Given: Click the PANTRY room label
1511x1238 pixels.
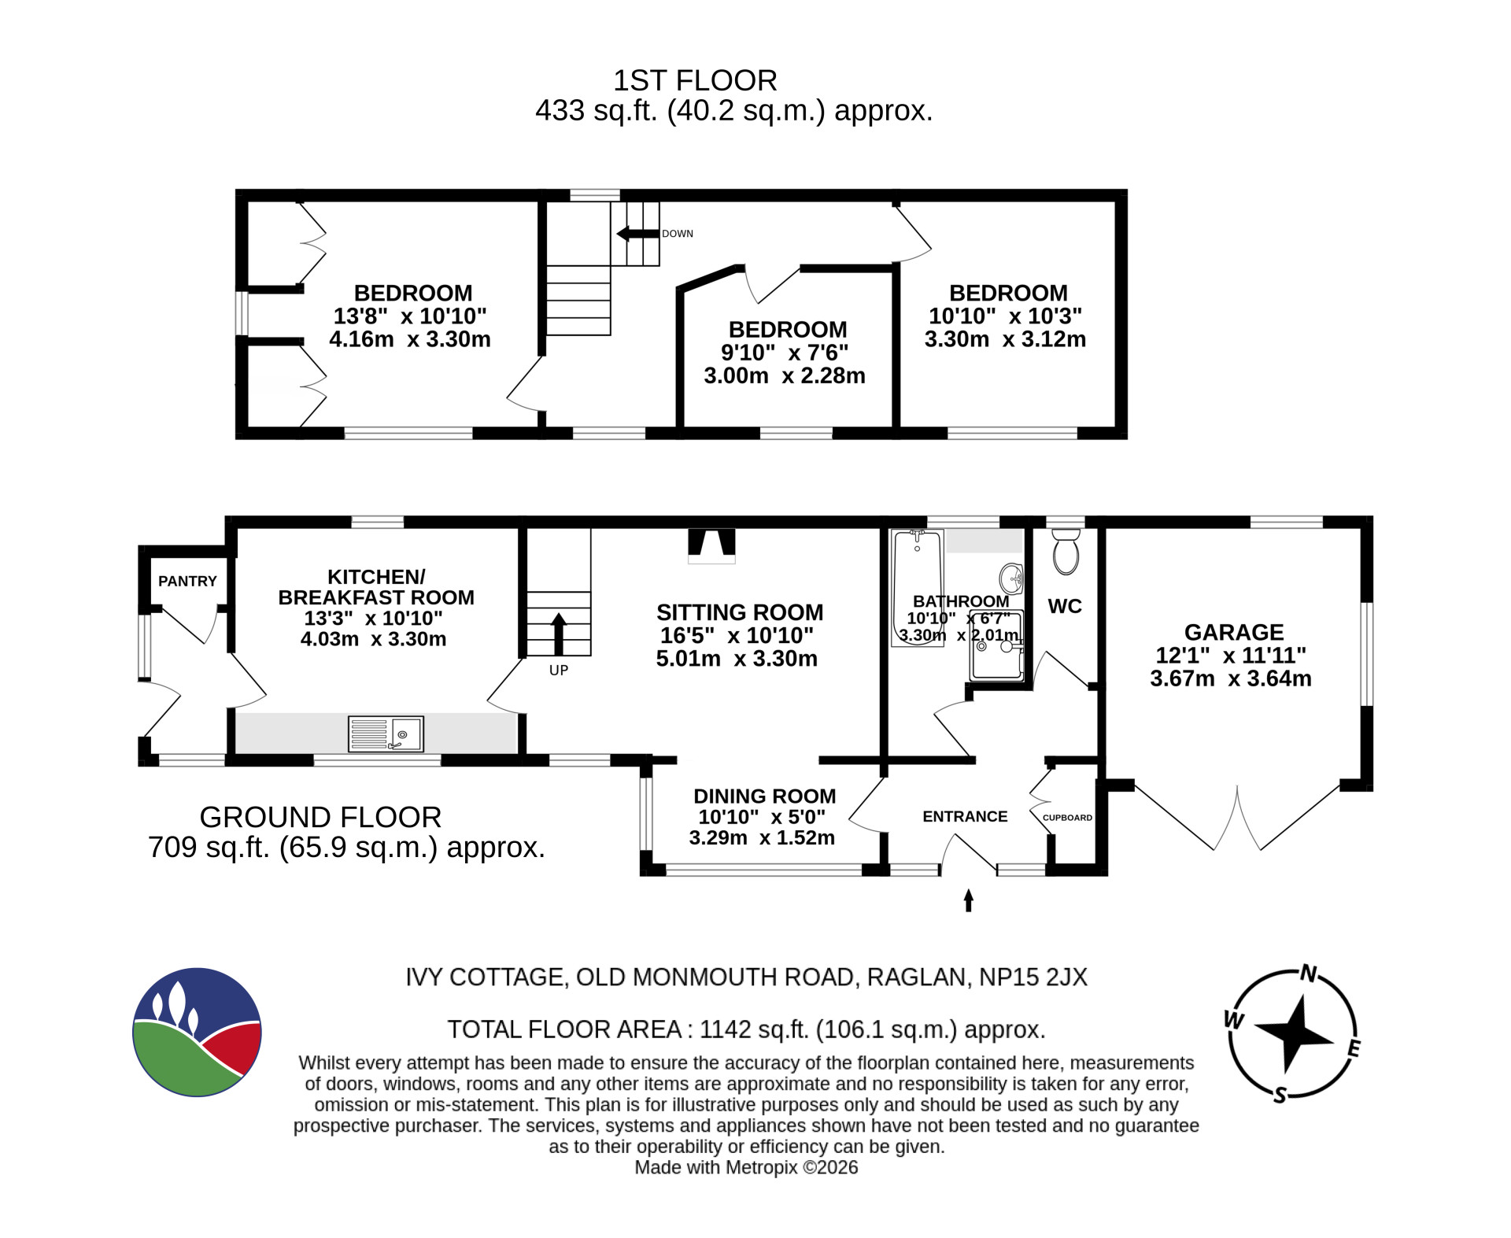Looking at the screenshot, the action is (x=187, y=581).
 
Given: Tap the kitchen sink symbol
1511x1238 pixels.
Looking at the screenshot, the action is (x=386, y=734).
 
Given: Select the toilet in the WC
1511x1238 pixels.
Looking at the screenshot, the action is (x=1066, y=550).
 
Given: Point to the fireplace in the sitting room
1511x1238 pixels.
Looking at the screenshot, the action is (x=711, y=546).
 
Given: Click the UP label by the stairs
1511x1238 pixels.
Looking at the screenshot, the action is (x=559, y=671).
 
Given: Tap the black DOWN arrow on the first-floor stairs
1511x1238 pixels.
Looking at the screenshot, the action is (x=637, y=234).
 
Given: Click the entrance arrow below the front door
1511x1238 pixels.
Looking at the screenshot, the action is (x=969, y=900).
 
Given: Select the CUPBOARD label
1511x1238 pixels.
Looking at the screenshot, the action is (x=1067, y=818).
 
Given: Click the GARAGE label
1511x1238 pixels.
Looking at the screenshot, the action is (x=1234, y=632).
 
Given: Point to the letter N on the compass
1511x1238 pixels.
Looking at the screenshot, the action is (x=1308, y=974).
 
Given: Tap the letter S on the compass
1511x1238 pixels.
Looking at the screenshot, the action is (x=1280, y=1095).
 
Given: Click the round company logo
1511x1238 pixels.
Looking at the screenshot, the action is (x=197, y=1032).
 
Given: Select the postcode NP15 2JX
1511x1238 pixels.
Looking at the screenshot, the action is (x=1033, y=977).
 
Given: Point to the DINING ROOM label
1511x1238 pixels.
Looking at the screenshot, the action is (x=764, y=796).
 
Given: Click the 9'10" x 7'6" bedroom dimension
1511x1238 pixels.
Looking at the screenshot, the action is (x=785, y=352).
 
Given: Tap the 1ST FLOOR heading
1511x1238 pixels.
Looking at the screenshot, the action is (x=695, y=80).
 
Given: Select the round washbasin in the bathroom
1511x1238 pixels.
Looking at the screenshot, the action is (x=1011, y=578).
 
